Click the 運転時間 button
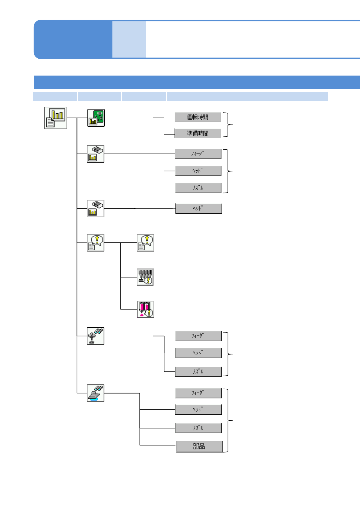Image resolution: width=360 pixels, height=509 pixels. [198, 117]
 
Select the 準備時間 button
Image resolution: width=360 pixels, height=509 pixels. [198, 133]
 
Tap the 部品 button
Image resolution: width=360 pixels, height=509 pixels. [199, 446]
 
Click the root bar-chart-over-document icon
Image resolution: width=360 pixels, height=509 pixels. [56, 118]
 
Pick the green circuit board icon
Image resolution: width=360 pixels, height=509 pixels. [96, 118]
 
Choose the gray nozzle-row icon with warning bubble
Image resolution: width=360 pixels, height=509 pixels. [145, 277]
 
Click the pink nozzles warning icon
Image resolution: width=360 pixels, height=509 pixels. [146, 309]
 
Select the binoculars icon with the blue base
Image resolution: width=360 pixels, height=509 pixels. [96, 393]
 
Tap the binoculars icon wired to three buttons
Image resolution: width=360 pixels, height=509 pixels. [96, 336]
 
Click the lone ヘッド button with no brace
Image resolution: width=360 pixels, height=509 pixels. [198, 209]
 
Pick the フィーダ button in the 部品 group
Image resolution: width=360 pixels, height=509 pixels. [198, 393]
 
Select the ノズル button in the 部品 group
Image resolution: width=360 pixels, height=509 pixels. [198, 428]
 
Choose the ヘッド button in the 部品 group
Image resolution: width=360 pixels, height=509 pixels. [198, 410]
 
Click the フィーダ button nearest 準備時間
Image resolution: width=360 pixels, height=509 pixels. [198, 154]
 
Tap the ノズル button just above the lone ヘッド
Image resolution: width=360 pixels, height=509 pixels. [198, 188]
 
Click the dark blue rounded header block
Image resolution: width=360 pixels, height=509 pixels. [73, 39]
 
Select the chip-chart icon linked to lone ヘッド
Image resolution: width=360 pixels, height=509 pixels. [96, 209]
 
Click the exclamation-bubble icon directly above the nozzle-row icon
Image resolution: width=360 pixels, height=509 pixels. [146, 243]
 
